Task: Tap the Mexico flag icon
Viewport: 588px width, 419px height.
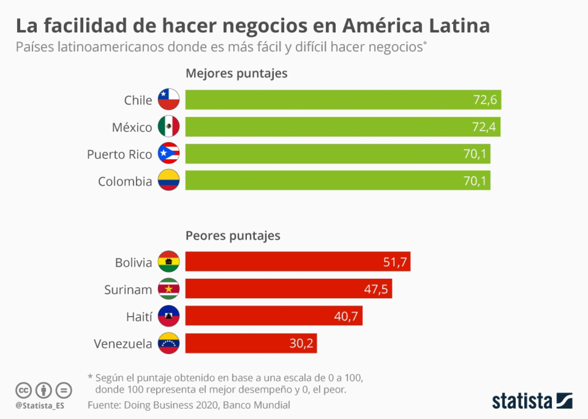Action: coord(169,126)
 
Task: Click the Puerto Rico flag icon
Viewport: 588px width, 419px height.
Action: coord(169,153)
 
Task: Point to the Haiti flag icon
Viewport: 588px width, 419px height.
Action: coord(169,316)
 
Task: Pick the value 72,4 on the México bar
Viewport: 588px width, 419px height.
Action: coord(483,127)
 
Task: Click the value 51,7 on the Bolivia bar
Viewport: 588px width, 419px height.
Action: coord(395,263)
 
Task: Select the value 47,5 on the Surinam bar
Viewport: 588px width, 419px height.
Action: coord(376,290)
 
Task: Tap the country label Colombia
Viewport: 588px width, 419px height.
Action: coord(125,182)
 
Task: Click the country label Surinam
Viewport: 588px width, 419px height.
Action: coord(128,290)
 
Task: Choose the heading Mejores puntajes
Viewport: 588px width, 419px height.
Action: coord(236,74)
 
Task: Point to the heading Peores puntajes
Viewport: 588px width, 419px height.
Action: coord(233,236)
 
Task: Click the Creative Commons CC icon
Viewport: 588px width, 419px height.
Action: coord(24,390)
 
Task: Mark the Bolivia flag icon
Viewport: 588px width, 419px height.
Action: coord(169,262)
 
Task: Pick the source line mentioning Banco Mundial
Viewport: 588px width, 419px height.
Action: coord(189,405)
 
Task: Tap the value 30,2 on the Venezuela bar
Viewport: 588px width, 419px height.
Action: coord(301,344)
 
